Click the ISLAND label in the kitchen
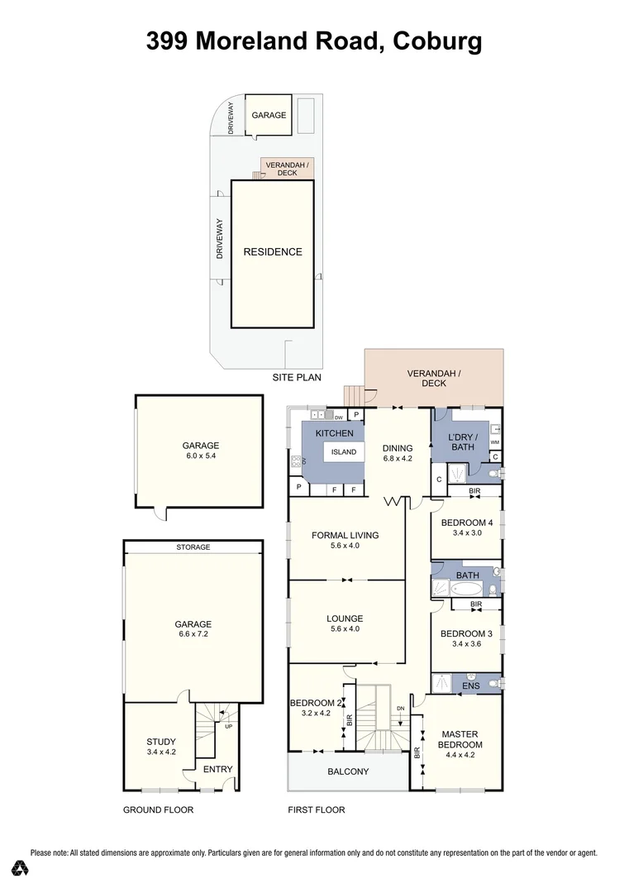pos(344,452)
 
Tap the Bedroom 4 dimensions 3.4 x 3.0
pos(467,533)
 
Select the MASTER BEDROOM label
pos(460,739)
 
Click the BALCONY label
pos(348,771)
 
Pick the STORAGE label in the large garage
pos(193,547)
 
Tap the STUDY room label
pos(161,742)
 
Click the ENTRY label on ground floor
pos(218,769)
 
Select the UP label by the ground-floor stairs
pos(228,728)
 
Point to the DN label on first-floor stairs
pos(400,709)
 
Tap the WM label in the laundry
pos(494,443)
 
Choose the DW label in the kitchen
pos(339,418)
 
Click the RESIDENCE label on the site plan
pos(272,252)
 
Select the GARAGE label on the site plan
pos(269,115)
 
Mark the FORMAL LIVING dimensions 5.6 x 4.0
pos(345,546)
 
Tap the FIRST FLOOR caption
pos(316,810)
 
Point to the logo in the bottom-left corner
pos(21,867)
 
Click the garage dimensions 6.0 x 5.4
pos(200,456)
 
